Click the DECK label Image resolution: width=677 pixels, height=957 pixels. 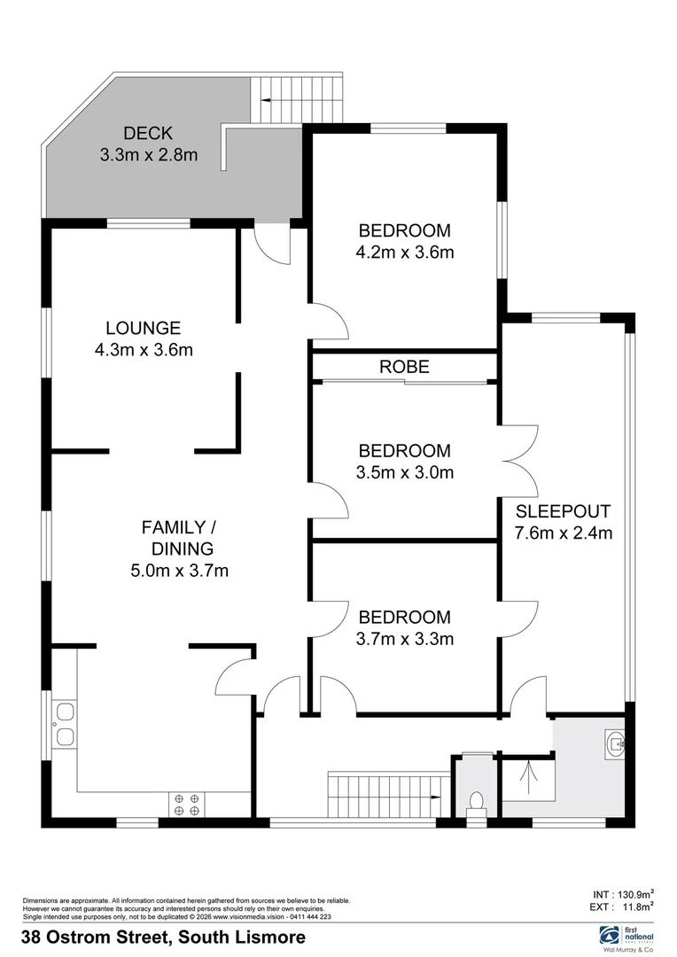click(x=148, y=134)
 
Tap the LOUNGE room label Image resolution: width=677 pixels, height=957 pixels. click(x=143, y=328)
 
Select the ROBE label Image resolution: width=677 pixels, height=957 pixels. click(x=404, y=367)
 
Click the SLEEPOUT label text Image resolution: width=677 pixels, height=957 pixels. click(x=563, y=511)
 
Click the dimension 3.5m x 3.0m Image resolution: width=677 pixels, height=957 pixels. click(x=404, y=472)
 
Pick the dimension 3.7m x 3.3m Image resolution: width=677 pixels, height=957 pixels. click(x=404, y=638)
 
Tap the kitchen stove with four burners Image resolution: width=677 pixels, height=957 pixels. click(x=187, y=804)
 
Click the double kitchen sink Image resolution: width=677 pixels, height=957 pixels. click(x=65, y=724)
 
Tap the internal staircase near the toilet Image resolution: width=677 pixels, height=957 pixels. click(x=385, y=794)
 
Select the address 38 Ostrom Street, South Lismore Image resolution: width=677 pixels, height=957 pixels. click(x=164, y=937)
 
